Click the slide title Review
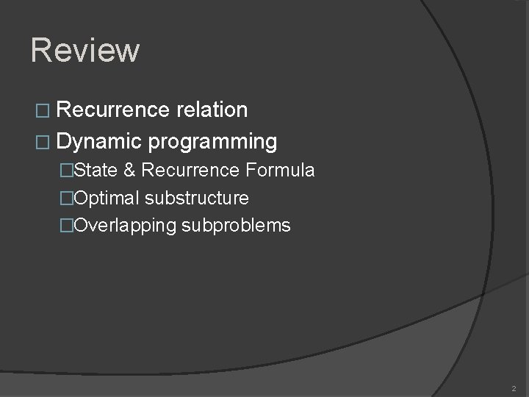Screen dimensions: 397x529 [x=85, y=51]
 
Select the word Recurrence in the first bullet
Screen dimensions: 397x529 [x=112, y=110]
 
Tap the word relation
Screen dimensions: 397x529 [x=212, y=110]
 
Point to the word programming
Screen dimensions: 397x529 [x=212, y=141]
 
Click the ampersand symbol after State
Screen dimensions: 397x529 [x=129, y=171]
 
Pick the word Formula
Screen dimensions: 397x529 [x=281, y=171]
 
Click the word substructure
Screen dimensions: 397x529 [x=197, y=198]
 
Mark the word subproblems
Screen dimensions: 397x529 [x=236, y=226]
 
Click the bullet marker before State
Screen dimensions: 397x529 [x=68, y=171]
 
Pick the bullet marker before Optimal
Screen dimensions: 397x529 [x=68, y=198]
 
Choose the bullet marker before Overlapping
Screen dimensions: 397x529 [x=68, y=226]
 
